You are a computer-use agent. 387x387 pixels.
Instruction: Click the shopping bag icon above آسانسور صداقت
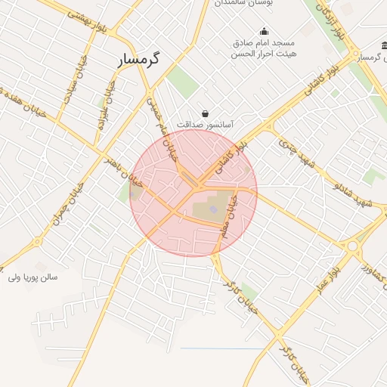pyautogui.click(x=205, y=113)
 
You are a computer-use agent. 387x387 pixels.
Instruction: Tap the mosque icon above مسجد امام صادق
pyautogui.click(x=264, y=32)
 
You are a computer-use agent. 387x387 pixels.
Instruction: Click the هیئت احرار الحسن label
pyautogui.click(x=264, y=54)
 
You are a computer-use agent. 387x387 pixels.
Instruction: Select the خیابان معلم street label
pyautogui.click(x=229, y=217)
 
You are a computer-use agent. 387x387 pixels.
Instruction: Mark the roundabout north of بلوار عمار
pyautogui.click(x=352, y=246)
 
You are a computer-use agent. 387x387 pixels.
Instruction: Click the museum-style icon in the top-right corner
pyautogui.click(x=383, y=44)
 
